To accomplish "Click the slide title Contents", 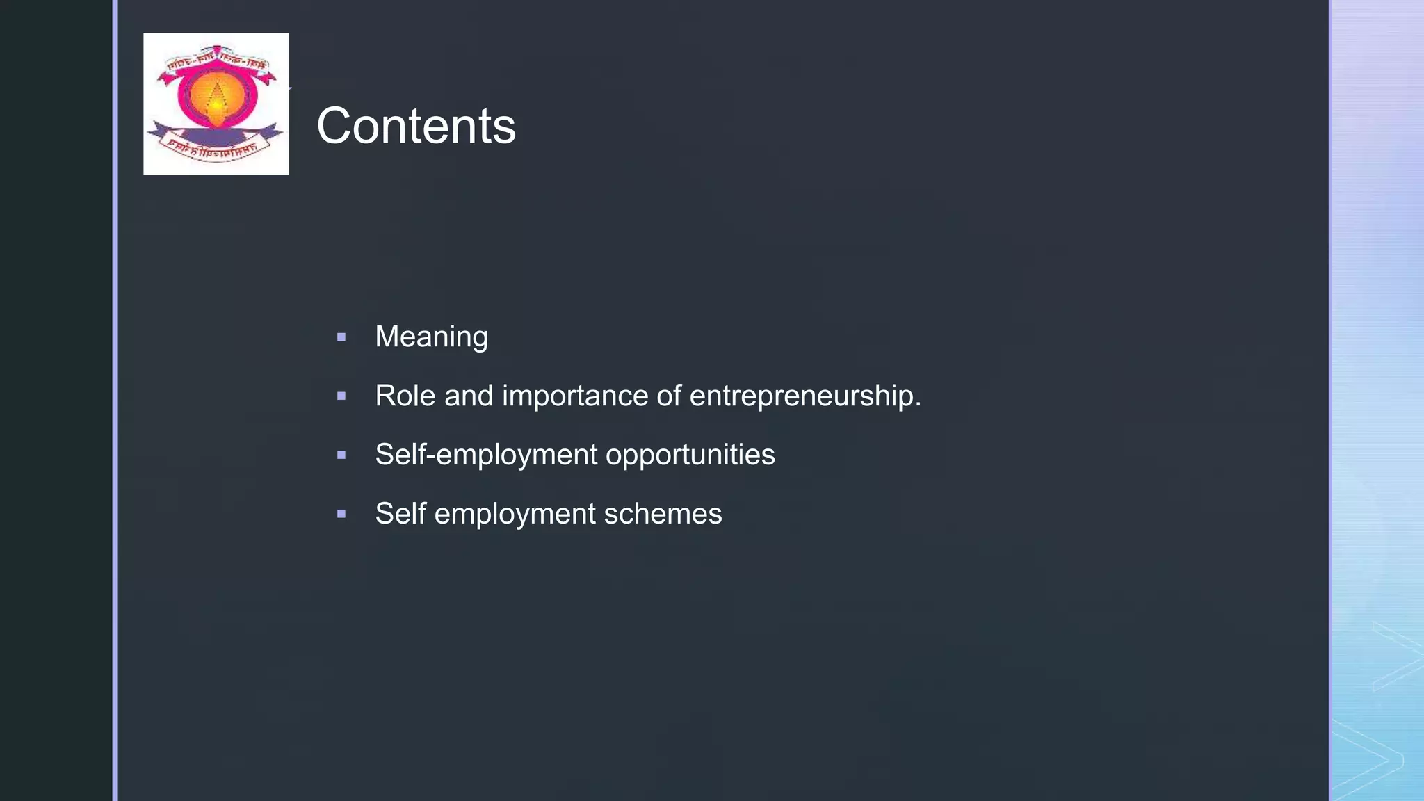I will click(416, 127).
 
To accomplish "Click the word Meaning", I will click(431, 337).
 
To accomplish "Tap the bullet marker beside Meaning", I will click(341, 337).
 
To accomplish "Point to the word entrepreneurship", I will click(804, 396).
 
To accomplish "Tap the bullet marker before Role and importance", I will click(341, 396).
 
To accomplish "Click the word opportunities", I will click(690, 455).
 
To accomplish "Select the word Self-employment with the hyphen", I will click(486, 455).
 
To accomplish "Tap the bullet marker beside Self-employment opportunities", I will click(341, 455).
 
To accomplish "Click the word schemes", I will click(663, 514).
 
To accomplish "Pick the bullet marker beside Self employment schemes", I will click(341, 515).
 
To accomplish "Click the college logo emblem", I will click(216, 104).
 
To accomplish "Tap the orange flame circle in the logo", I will click(216, 97).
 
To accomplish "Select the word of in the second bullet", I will click(669, 396).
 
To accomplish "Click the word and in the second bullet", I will click(469, 396).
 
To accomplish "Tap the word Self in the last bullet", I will click(400, 514).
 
